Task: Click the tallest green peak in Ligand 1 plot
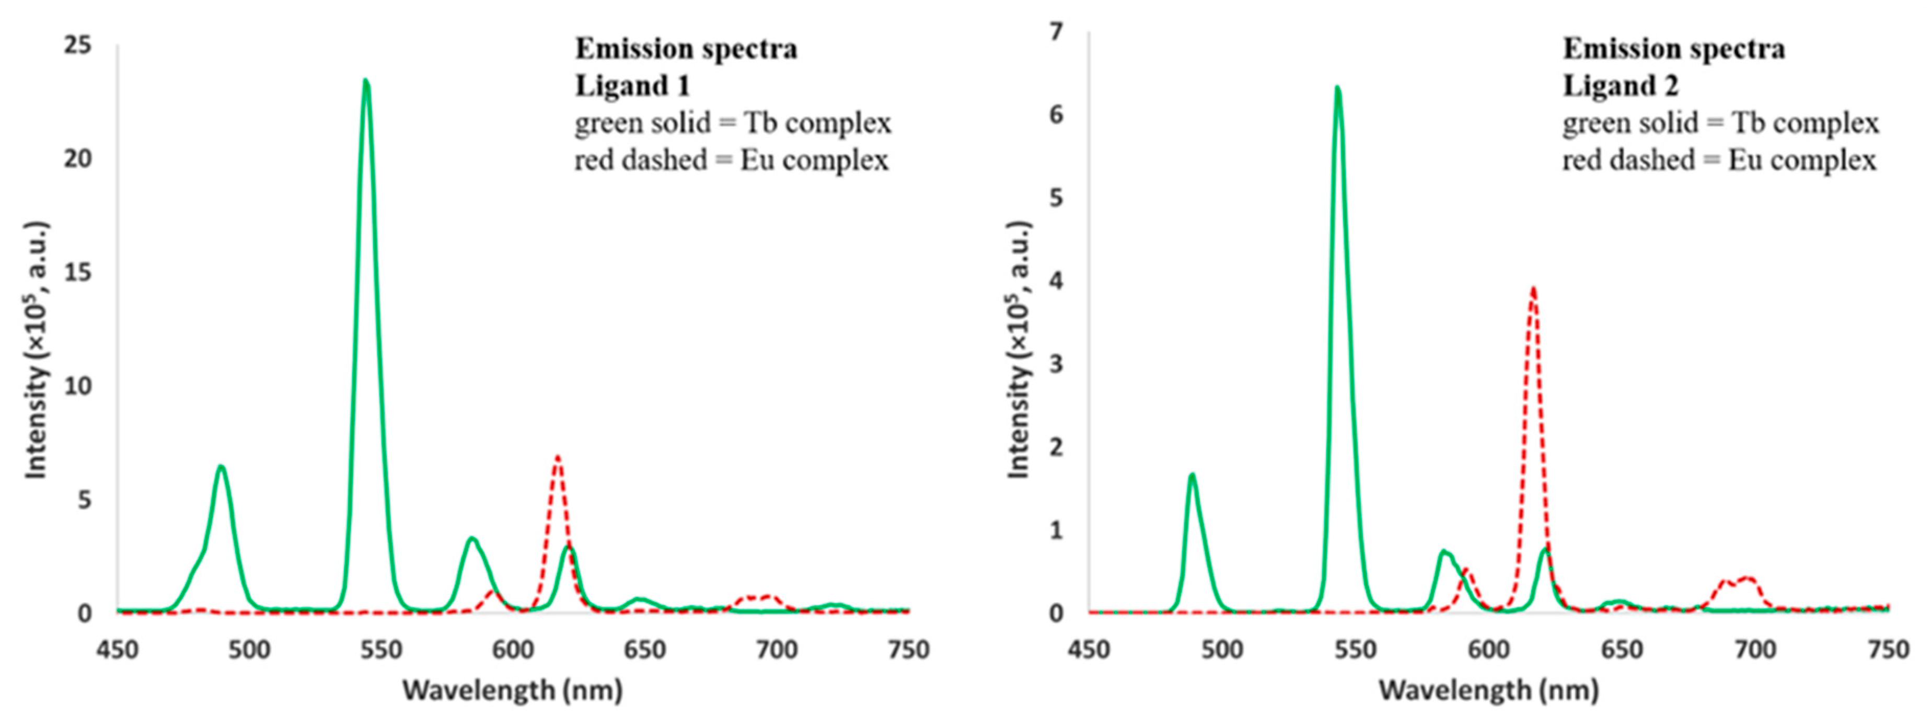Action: click(x=366, y=81)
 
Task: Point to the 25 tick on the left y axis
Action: click(x=77, y=46)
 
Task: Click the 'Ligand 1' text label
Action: click(x=632, y=86)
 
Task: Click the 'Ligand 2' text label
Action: click(x=1620, y=86)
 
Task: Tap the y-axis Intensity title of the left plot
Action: click(x=36, y=350)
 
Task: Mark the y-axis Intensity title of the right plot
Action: click(x=1018, y=350)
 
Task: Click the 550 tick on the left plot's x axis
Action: click(x=381, y=650)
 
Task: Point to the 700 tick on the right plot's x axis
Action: click(x=1755, y=650)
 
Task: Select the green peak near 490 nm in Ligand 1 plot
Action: click(x=221, y=467)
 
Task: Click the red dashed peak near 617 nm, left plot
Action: click(x=557, y=456)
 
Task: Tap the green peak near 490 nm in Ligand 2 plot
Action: click(x=1191, y=475)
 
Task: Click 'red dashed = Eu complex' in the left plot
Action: click(x=731, y=160)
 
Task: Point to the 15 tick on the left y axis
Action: click(x=77, y=272)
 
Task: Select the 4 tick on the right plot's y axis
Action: click(x=1056, y=281)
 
